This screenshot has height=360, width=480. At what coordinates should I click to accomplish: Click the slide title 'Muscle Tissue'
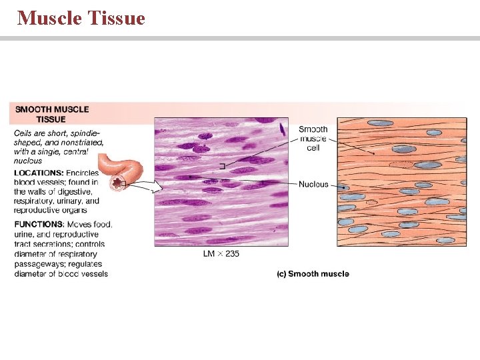pos(81,18)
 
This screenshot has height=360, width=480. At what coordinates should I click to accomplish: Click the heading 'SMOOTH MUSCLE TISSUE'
pos(52,114)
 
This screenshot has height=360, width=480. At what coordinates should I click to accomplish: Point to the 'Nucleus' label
pos(313,184)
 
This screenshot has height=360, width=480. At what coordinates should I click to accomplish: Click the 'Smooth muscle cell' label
pos(313,139)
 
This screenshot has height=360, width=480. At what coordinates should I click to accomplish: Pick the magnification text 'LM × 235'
pos(221,253)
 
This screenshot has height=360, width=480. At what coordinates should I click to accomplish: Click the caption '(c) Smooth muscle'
pos(313,274)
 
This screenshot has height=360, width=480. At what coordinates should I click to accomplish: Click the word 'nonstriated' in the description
pos(81,142)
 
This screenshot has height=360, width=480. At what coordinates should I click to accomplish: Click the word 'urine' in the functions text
pos(25,234)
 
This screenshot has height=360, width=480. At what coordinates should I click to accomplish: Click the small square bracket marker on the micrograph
pos(222,165)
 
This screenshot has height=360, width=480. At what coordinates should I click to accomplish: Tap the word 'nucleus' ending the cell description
pos(28,161)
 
